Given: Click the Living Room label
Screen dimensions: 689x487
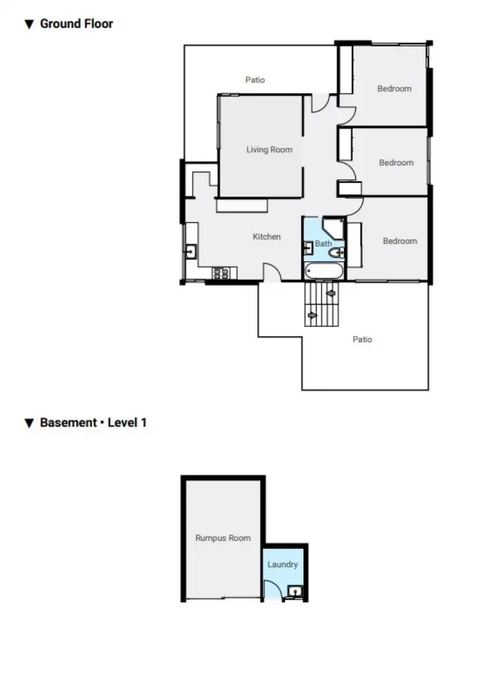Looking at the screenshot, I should click(269, 149).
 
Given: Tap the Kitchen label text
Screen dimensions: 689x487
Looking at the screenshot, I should click(266, 236).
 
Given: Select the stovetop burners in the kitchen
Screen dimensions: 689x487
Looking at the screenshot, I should click(220, 273).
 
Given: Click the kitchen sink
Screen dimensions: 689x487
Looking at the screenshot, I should click(191, 252).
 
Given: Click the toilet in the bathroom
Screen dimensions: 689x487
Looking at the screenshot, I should click(340, 253).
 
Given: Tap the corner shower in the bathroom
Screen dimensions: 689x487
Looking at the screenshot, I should click(334, 227).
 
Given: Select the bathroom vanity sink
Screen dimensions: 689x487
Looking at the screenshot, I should click(308, 247).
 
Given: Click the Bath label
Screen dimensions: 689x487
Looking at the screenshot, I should click(323, 244).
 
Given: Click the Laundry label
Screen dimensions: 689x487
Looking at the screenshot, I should click(282, 564).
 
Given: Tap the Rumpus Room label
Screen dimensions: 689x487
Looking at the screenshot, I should click(223, 538).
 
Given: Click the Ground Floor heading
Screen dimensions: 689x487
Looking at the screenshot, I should click(76, 24).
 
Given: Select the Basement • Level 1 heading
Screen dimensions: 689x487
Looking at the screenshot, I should click(93, 423).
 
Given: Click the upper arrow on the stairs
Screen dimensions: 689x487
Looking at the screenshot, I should click(331, 293).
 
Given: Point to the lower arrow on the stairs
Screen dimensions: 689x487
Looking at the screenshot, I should click(312, 316).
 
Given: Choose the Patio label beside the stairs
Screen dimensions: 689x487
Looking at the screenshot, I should click(362, 339).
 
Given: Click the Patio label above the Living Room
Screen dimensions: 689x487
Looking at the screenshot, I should click(255, 80).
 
